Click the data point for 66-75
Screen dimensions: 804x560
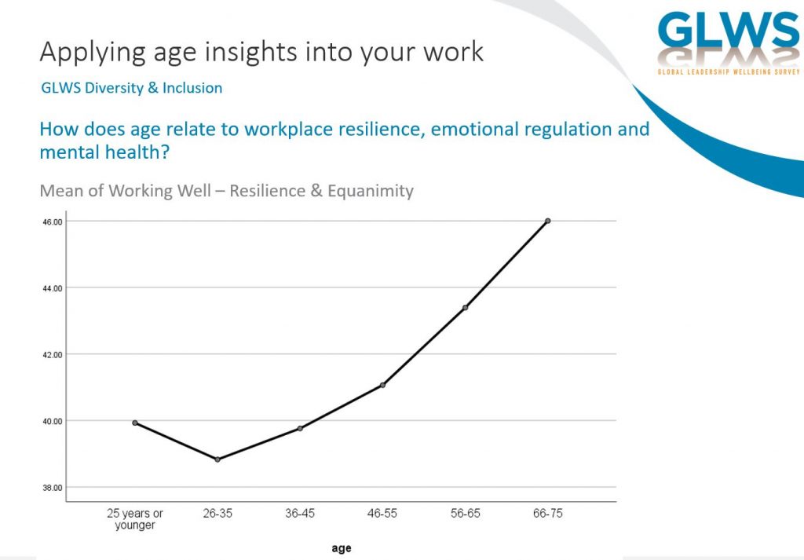tap(547, 221)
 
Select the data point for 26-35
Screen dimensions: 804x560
tap(217, 459)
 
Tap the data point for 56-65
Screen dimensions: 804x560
tap(465, 308)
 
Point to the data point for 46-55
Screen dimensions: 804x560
tap(382, 385)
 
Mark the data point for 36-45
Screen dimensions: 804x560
tap(300, 429)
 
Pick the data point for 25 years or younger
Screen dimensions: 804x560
tap(135, 423)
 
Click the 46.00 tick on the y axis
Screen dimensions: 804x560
tap(53, 222)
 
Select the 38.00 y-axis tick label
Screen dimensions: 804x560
tap(53, 489)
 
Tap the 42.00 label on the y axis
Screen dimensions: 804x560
tap(53, 355)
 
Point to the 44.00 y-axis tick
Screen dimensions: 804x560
tap(53, 289)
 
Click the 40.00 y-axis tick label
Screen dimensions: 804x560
tap(53, 422)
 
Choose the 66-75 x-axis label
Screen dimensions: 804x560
tap(547, 514)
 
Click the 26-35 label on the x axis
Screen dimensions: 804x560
tap(217, 514)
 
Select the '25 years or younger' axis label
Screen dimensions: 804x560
tap(135, 519)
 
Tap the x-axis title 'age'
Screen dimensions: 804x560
tap(342, 548)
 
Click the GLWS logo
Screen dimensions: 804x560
tap(729, 43)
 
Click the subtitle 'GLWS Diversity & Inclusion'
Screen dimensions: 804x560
tap(132, 88)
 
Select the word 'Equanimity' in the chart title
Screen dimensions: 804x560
tap(371, 192)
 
